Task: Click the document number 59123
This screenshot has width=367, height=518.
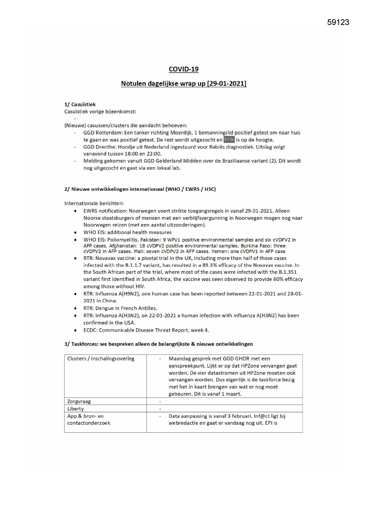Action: pos(338,22)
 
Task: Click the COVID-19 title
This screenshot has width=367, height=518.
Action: pos(184,69)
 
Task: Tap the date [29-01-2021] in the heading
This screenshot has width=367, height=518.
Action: pos(227,84)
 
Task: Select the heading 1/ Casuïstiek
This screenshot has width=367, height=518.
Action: pos(80,104)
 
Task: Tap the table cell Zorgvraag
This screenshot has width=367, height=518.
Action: pos(79,401)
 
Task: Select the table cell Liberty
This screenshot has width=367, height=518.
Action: pos(76,409)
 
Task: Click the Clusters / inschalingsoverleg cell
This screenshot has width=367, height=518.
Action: pos(101,359)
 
